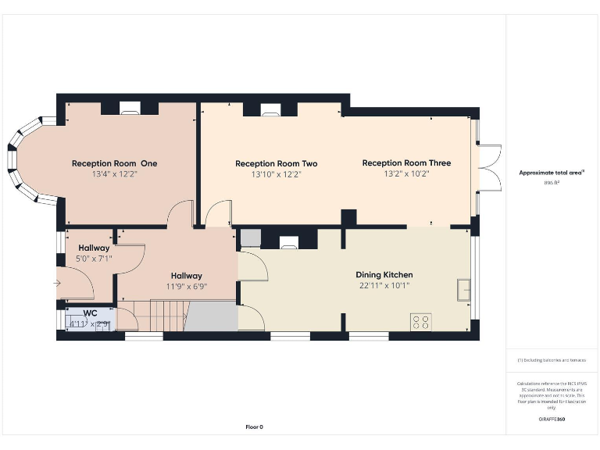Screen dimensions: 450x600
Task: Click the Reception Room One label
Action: coord(114,163)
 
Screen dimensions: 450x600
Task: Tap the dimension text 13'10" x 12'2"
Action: coord(276,175)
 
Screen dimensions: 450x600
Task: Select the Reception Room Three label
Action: coord(406,163)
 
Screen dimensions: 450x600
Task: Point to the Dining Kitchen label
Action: coord(384,275)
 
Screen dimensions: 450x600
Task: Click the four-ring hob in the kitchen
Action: coord(421,321)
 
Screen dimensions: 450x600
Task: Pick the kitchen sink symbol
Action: coord(464,288)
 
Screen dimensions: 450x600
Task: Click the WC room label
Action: coord(90,313)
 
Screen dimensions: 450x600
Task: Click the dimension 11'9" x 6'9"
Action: coord(186,287)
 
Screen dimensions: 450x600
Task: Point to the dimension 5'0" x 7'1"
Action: coord(94,259)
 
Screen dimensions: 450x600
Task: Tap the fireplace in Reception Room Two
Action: coord(270,110)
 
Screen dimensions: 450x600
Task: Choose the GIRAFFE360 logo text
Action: coord(552,420)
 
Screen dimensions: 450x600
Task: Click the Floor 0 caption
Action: coord(255,427)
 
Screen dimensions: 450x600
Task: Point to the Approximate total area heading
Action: coord(552,172)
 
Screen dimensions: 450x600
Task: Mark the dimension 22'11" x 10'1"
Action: coord(384,286)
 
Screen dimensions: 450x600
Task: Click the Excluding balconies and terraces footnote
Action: coord(552,360)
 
